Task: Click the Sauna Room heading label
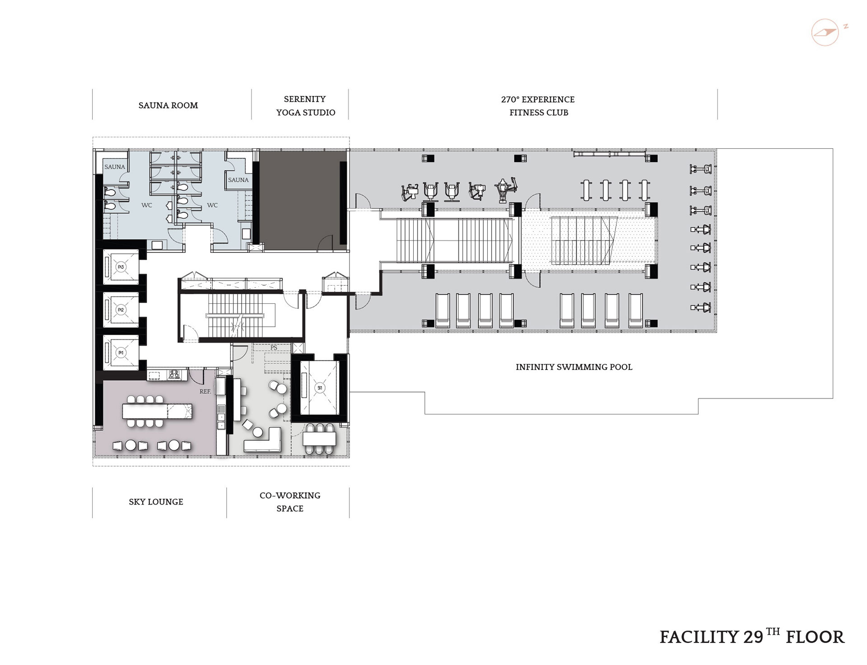[x=168, y=105]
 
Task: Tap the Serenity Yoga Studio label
[x=306, y=105]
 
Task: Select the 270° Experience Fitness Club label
[x=538, y=106]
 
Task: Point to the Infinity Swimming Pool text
[x=574, y=367]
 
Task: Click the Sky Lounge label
[x=156, y=502]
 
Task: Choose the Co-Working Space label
[x=290, y=502]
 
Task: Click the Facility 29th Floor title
[x=752, y=636]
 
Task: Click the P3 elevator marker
[x=121, y=267]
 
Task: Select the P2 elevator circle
[x=121, y=310]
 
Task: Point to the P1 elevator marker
[x=121, y=352]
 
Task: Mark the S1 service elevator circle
[x=320, y=388]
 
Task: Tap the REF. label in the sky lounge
[x=205, y=391]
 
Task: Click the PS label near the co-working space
[x=274, y=348]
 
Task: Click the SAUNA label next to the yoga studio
[x=238, y=180]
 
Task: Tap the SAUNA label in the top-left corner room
[x=115, y=167]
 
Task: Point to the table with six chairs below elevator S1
[x=320, y=439]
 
